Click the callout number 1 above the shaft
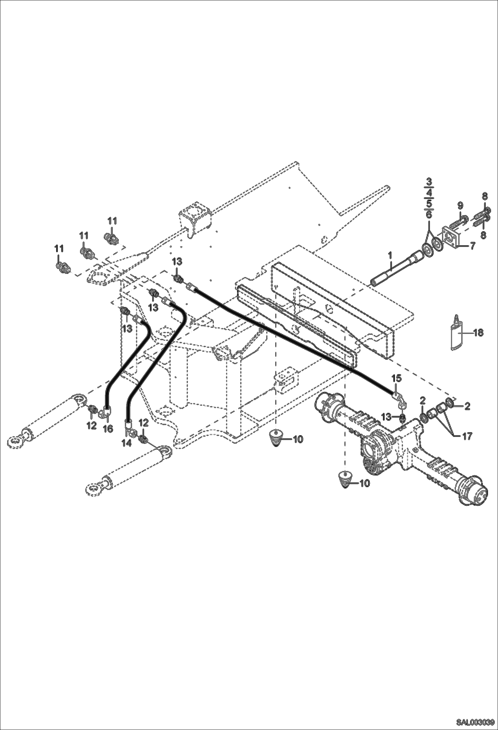click(390, 256)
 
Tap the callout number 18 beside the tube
click(478, 332)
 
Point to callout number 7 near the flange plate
click(472, 246)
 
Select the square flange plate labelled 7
click(451, 237)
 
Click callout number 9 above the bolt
click(460, 206)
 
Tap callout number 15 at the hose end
click(396, 378)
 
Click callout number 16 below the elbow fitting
click(108, 429)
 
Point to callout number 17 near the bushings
click(467, 436)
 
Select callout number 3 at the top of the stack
click(429, 182)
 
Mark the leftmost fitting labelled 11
click(62, 267)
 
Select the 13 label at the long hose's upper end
click(177, 262)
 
